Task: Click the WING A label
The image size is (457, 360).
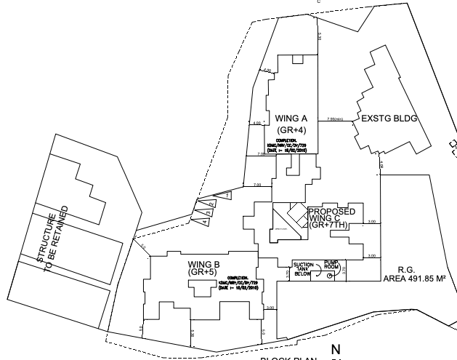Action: point(291,118)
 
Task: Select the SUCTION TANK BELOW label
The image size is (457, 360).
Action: point(302,267)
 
